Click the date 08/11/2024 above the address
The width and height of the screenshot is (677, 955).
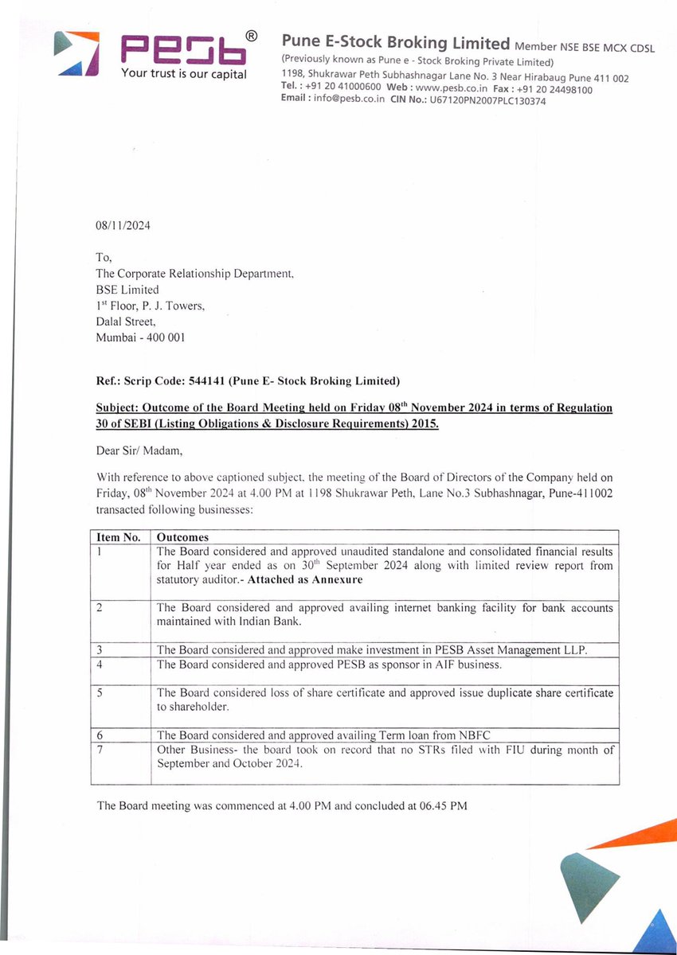coord(123,225)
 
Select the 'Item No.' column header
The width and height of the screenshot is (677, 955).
coord(119,537)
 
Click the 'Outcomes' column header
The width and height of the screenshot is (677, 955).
coord(182,537)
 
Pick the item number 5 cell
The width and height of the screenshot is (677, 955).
coord(100,693)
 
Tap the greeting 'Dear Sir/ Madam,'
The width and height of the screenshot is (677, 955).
coord(139,451)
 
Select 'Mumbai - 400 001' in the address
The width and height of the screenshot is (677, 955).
coord(140,337)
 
